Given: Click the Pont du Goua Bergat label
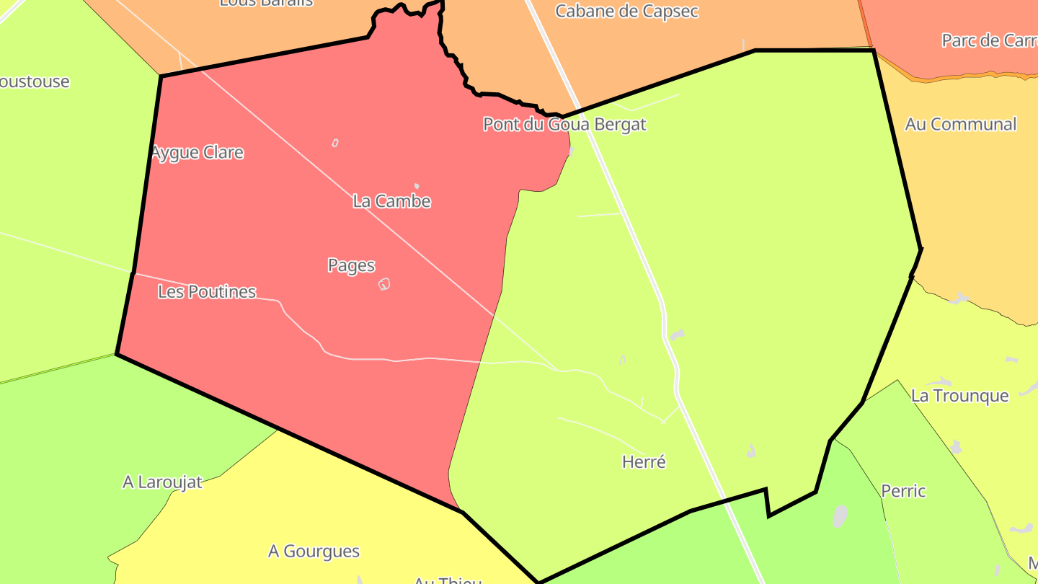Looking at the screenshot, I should point(564,125).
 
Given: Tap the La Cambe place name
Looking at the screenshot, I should point(391,201).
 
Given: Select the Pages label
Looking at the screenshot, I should point(351,265).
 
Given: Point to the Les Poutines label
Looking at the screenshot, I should point(207,292).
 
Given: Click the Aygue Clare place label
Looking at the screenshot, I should point(198,153).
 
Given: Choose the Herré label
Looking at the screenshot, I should point(644,462).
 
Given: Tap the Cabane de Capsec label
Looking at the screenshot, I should point(626,12).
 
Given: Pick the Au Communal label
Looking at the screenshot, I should point(960,124).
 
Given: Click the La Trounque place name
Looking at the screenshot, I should point(959,396).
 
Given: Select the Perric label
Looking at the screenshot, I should point(903,492).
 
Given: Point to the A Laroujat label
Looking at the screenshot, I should point(162,482).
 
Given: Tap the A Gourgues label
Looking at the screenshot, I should point(314,552).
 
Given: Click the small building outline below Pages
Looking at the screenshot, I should point(384,284).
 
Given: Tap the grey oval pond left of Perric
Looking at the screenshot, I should point(840,516).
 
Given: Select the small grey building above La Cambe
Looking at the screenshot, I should point(417,186).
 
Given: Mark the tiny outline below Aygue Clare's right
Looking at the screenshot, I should point(335,143).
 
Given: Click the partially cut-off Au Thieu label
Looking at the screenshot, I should point(447,580).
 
